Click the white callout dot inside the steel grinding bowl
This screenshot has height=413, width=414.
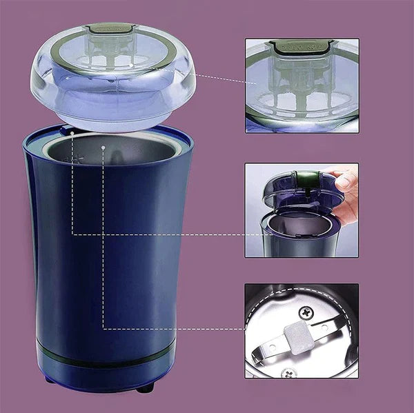103,147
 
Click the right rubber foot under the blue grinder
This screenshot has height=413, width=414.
144,389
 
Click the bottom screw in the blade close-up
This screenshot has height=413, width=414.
287,373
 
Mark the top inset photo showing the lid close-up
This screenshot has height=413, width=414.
302,85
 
